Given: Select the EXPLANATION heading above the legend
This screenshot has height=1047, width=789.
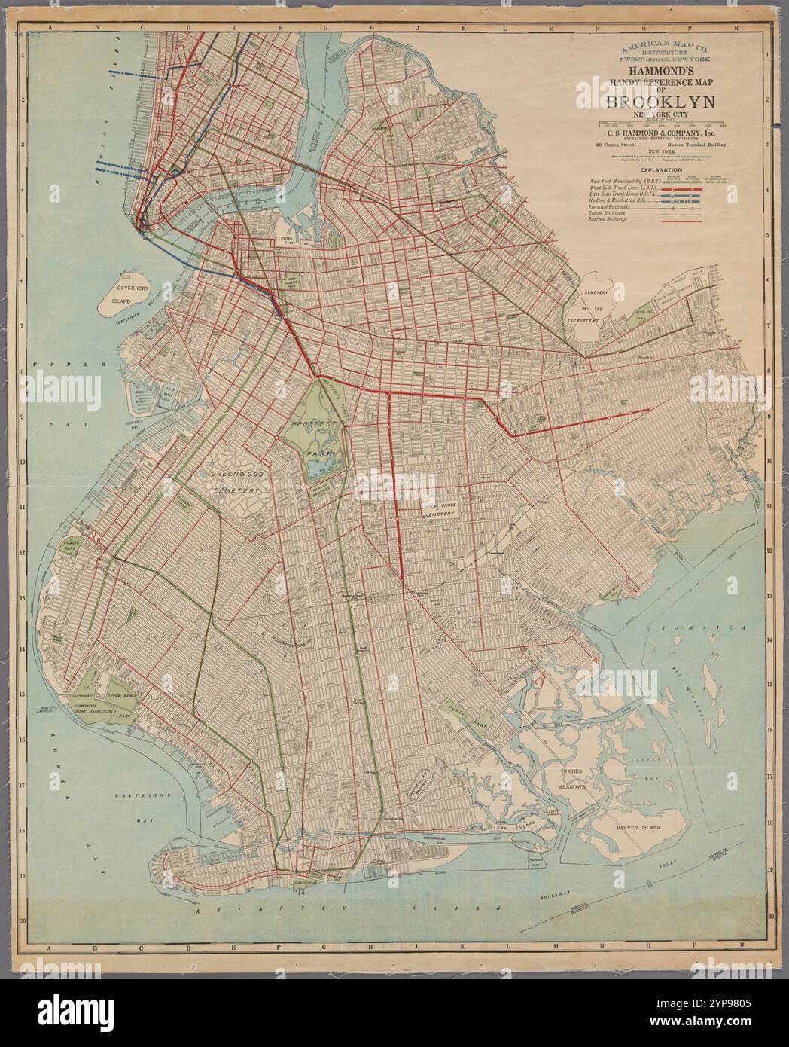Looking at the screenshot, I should (x=660, y=171).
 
